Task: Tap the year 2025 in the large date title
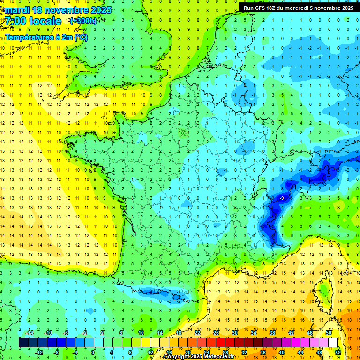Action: coord(99,10)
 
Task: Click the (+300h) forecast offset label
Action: coord(83,21)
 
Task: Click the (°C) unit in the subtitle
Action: coord(80,37)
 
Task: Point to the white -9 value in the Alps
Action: coord(282,198)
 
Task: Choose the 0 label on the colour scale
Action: coord(93,352)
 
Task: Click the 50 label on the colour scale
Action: coord(329,332)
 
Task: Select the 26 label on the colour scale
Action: coord(216,332)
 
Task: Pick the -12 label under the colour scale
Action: coord(39,352)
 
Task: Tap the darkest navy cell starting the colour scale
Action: coord(23,342)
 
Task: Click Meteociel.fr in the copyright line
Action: coord(218,357)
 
